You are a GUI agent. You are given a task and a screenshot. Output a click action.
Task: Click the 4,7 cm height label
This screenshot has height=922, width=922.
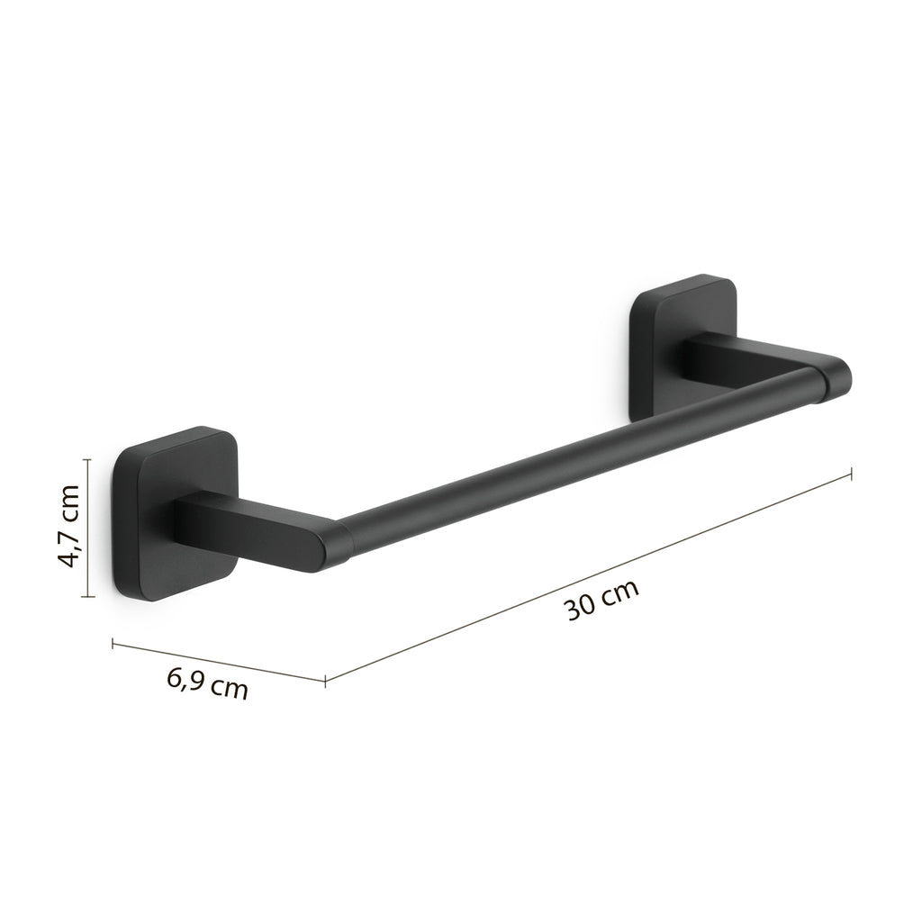tap(68, 527)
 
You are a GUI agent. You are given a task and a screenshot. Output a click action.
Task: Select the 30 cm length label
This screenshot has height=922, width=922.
tap(602, 601)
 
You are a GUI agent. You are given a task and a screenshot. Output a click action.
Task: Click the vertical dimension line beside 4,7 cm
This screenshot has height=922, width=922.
tap(86, 527)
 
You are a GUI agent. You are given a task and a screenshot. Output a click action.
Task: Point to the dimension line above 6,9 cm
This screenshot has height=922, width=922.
tap(218, 660)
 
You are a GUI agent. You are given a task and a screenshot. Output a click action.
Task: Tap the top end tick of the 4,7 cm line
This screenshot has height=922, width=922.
tap(86, 458)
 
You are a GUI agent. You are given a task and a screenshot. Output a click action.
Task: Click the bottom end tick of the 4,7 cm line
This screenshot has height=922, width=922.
tap(86, 596)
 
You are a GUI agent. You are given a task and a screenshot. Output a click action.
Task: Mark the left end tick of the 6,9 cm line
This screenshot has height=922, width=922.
tap(112, 642)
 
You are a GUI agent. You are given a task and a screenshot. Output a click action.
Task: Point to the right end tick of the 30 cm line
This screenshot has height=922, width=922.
tap(852, 472)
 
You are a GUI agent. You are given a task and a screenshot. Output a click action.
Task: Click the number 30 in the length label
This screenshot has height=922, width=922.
tap(581, 608)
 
